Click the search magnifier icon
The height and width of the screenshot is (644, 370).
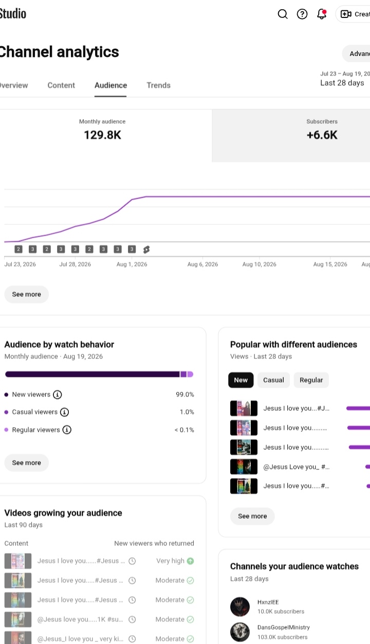pyautogui.click(x=283, y=14)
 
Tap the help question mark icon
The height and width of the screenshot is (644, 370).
pyautogui.click(x=302, y=14)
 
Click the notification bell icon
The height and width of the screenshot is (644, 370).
pyautogui.click(x=322, y=14)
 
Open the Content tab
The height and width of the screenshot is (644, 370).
pyautogui.click(x=61, y=85)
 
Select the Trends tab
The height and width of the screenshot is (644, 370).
pyautogui.click(x=158, y=85)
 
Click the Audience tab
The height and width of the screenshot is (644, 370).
pyautogui.click(x=111, y=85)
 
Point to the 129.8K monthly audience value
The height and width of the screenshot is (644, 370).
pyautogui.click(x=102, y=135)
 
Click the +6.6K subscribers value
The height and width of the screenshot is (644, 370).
pyautogui.click(x=322, y=135)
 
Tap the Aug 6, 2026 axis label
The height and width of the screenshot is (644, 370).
pyautogui.click(x=202, y=264)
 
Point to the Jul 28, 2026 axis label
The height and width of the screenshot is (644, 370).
pyautogui.click(x=75, y=264)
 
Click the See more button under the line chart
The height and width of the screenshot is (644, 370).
pyautogui.click(x=27, y=294)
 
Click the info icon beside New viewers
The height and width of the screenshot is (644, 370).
pyautogui.click(x=57, y=394)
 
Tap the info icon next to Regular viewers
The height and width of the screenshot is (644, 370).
pyautogui.click(x=67, y=430)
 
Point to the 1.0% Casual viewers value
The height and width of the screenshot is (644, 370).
pyautogui.click(x=187, y=412)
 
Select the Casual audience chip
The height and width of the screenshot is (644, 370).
pyautogui.click(x=273, y=380)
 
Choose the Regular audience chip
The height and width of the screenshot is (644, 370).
pyautogui.click(x=311, y=380)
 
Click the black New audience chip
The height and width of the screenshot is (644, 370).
pyautogui.click(x=241, y=380)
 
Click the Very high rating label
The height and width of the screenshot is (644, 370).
pyautogui.click(x=170, y=561)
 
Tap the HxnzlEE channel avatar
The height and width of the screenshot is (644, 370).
pyautogui.click(x=240, y=607)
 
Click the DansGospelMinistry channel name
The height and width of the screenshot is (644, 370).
pyautogui.click(x=283, y=628)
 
